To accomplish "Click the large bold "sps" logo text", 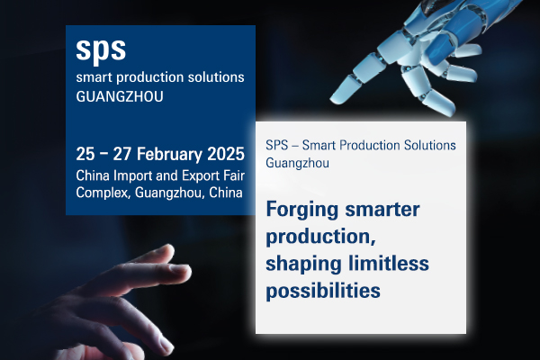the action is pos(101,49).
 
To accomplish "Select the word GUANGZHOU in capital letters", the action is pos(120,97).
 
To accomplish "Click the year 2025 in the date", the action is pos(226,154).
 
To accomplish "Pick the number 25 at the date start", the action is pos(85,154).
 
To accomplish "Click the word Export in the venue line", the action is pos(201,176).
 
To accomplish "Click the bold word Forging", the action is pos(302,210).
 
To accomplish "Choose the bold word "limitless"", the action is pos(389,263).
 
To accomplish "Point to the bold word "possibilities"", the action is pos(323,291).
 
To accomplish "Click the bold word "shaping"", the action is pos(304,265).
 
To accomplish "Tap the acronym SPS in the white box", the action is pos(276,146).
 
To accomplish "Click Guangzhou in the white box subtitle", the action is pos(297,163).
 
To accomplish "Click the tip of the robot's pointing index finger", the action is pos(331,100).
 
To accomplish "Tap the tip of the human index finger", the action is pos(188,270).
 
